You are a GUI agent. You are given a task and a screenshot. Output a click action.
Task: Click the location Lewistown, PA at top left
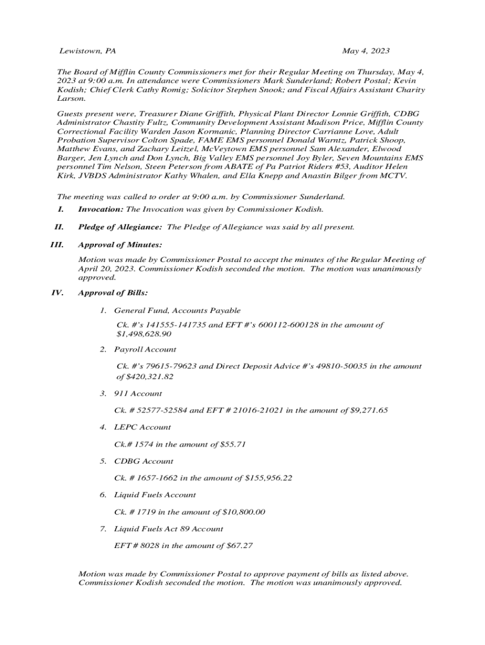[88, 50]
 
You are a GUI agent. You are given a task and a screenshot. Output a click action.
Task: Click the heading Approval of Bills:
[113, 293]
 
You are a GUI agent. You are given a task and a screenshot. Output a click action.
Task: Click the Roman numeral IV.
[59, 293]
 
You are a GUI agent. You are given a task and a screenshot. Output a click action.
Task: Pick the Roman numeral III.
[57, 244]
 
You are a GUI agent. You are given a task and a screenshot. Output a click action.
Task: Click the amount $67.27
[239, 545]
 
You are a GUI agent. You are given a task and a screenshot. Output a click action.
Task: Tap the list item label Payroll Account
[145, 350]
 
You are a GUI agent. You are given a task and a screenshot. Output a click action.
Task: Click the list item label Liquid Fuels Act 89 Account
[169, 529]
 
